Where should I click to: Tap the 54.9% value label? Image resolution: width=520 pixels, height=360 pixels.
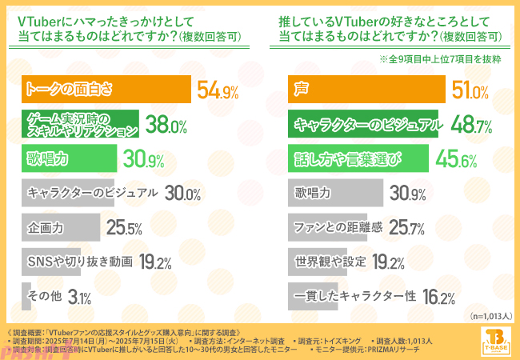(218, 90)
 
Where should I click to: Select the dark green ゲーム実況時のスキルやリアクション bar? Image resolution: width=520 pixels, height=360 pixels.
(82, 124)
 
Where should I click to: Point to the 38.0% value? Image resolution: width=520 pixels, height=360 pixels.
(166, 125)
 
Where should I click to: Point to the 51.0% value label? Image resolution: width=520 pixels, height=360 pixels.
(470, 90)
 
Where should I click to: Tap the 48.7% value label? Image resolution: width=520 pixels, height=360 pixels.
(470, 125)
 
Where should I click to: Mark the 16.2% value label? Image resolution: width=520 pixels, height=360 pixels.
(438, 298)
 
